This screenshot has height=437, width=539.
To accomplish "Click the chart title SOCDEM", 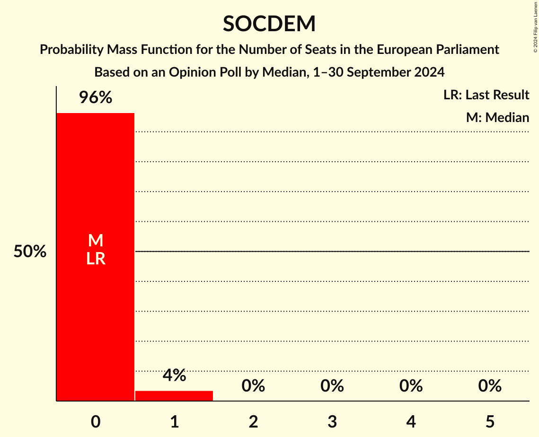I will click(269, 24).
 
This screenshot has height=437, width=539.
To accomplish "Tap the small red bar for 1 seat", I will click(174, 396).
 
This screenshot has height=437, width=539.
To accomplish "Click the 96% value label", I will click(95, 98).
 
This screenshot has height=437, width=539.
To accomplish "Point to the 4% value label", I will click(174, 375).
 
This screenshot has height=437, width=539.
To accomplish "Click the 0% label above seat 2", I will click(253, 386).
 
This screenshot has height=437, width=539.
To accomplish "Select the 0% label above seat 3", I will click(332, 386).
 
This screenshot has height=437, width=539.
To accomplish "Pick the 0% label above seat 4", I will click(411, 386).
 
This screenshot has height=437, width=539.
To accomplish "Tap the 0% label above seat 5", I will click(489, 386).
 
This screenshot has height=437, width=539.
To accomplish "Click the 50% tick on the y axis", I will click(30, 252).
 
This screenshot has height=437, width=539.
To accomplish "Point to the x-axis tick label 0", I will click(95, 421).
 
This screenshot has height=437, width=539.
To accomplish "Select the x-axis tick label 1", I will click(174, 421).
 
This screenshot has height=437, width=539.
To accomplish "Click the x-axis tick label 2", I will click(253, 421).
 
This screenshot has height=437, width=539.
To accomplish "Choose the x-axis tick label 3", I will click(332, 421).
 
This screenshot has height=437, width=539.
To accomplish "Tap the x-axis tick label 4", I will click(411, 421).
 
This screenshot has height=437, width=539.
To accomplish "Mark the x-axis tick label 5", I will click(489, 421).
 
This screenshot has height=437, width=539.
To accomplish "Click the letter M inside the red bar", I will click(95, 241).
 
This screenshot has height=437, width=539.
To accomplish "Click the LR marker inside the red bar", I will click(95, 259).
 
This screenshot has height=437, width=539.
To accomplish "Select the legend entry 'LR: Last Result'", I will click(486, 95).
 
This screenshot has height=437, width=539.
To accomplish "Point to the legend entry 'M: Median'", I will click(497, 117).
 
